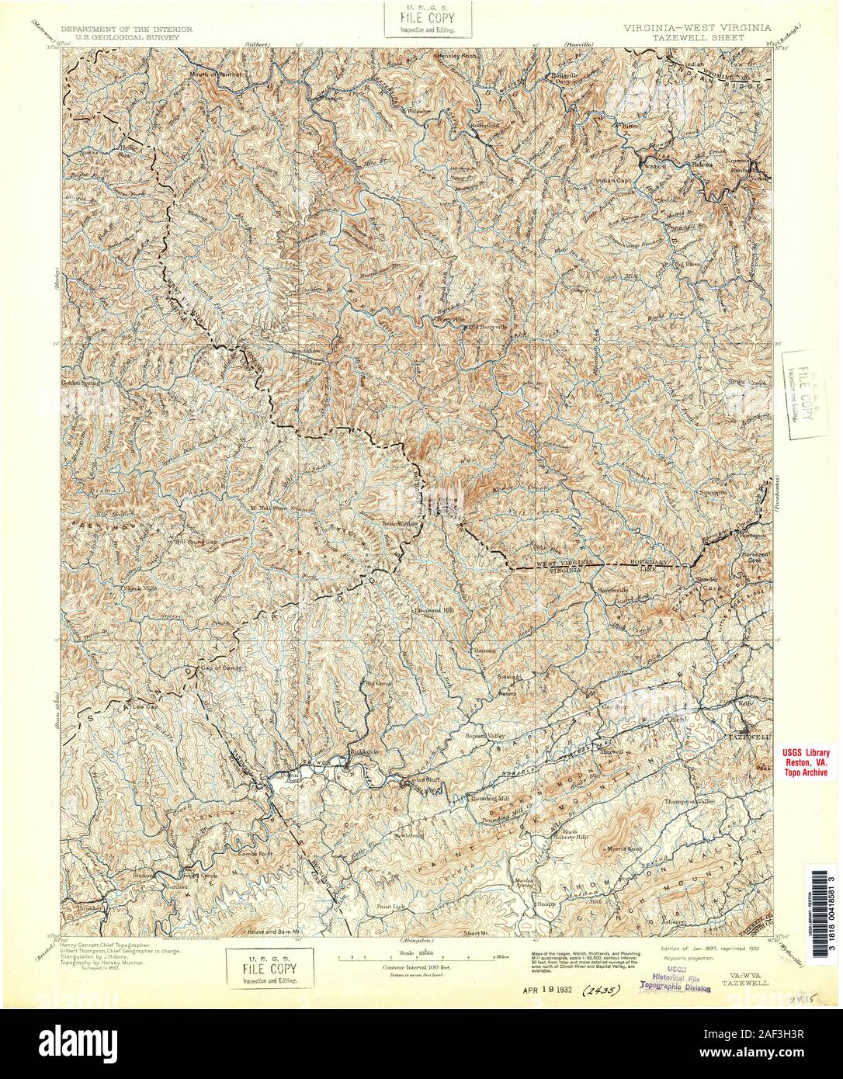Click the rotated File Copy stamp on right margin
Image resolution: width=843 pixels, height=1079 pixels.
(805, 394)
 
